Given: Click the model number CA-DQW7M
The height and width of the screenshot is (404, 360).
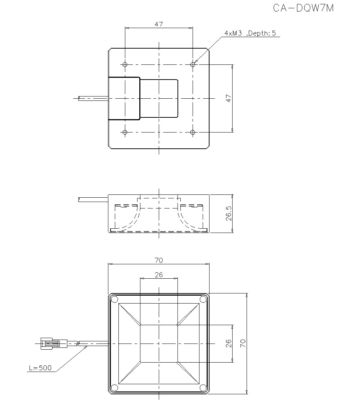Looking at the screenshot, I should click(x=303, y=8).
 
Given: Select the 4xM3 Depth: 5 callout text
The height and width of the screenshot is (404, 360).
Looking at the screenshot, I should click(x=250, y=33).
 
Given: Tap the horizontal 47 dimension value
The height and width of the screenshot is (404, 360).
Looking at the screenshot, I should click(x=159, y=24).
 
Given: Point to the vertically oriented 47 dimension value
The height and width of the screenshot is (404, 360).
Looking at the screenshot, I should click(x=229, y=98).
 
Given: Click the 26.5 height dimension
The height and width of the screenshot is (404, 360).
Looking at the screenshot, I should click(x=229, y=214).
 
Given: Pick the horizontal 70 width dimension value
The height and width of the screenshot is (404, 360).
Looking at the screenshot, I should click(x=159, y=260).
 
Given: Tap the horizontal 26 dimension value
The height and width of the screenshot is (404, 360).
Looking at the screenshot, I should click(x=159, y=275).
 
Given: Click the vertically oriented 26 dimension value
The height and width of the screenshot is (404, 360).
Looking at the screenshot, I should click(x=229, y=343).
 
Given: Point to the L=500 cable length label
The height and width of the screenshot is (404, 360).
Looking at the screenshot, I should click(x=40, y=368).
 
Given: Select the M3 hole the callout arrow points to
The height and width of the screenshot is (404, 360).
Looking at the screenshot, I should click(x=193, y=64).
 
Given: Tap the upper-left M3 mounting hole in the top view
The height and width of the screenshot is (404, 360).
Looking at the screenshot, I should click(x=125, y=64).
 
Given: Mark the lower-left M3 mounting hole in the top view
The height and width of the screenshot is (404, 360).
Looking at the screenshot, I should click(x=125, y=133).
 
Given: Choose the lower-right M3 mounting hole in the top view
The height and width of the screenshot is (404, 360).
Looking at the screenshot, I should click(x=193, y=133).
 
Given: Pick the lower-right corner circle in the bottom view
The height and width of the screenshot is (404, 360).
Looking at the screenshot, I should click(x=203, y=387).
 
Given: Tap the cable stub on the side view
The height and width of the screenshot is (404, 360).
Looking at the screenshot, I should click(x=93, y=199).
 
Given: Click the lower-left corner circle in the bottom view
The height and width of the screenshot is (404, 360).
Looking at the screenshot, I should click(x=114, y=387).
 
